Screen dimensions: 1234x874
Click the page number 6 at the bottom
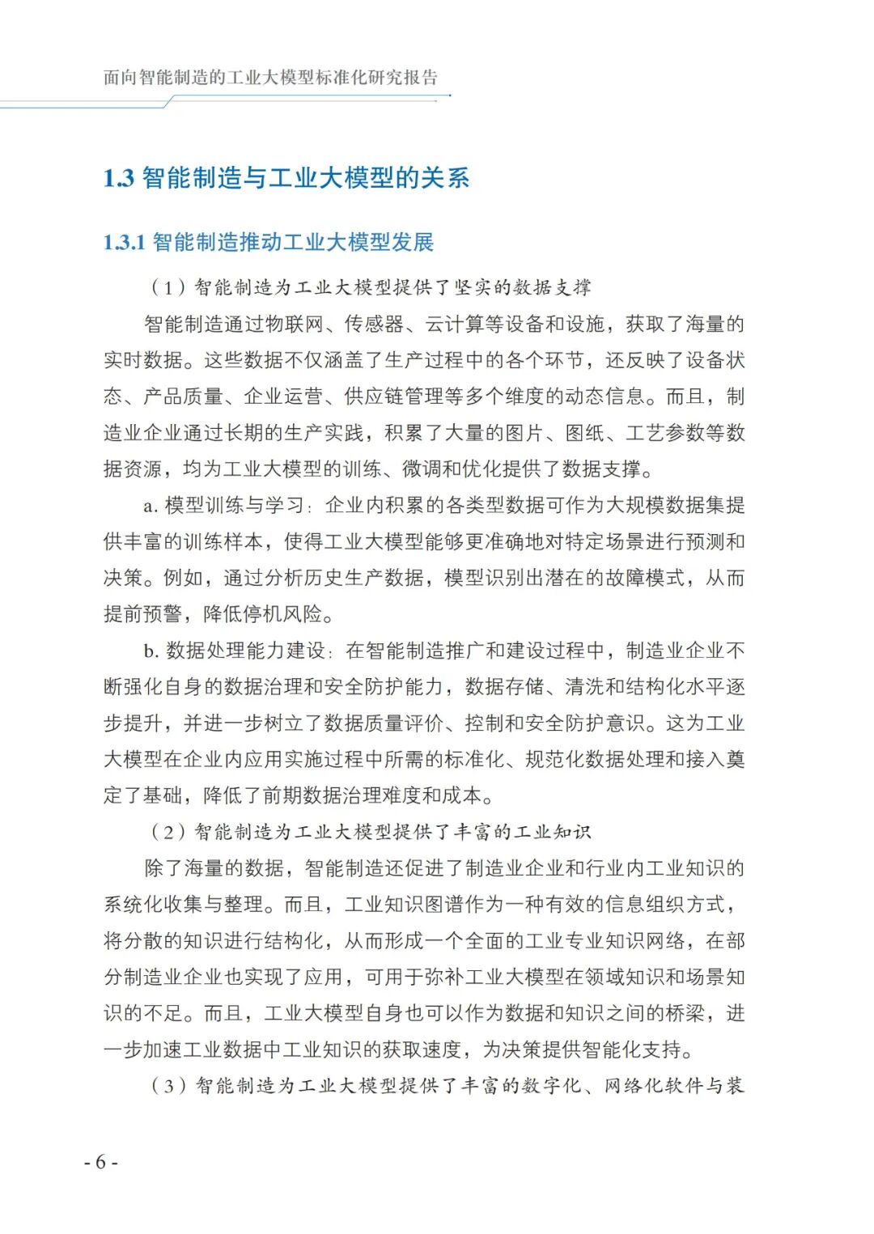point(100,1162)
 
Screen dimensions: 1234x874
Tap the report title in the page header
point(270,78)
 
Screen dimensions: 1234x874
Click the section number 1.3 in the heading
point(118,178)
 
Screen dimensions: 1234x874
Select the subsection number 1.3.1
point(124,242)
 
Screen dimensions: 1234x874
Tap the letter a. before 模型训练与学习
point(150,506)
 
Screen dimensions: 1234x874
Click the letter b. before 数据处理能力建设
point(151,651)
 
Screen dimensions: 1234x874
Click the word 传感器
point(374,324)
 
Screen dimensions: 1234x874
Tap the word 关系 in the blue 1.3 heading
point(444,178)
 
